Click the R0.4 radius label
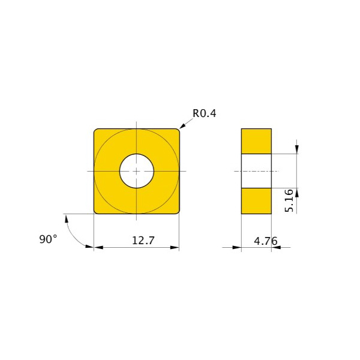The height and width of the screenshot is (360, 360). tap(205, 113)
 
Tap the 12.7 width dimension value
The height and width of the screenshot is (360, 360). tap(143, 241)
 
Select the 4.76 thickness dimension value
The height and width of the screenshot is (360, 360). tap(266, 241)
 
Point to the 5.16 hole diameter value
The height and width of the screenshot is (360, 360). tap(289, 200)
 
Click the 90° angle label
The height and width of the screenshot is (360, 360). tap(48, 239)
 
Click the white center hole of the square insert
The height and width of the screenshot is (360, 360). tap(137, 171)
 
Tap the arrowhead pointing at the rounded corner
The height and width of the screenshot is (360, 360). tap(182, 126)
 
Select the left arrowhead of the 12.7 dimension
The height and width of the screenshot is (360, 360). tap(98, 247)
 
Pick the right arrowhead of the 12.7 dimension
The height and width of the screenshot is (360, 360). tap(175, 247)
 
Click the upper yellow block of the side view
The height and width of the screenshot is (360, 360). tap(256, 141)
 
